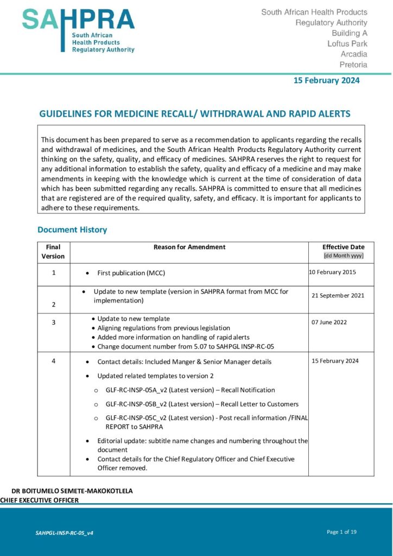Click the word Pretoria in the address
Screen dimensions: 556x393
[x=353, y=65]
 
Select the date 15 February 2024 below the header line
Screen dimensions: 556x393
[x=326, y=80]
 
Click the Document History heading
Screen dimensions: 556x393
[x=72, y=230]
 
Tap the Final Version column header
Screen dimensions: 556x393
[x=53, y=251]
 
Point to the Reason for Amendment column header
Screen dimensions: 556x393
[x=189, y=247]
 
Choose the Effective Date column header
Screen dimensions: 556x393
[x=343, y=247]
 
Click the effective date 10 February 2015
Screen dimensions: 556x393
[x=332, y=272]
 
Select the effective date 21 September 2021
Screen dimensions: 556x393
[x=338, y=295]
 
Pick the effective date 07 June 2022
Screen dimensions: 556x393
[x=329, y=322]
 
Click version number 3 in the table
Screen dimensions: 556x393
[x=53, y=323]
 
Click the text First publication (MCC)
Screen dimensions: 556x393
[x=131, y=273]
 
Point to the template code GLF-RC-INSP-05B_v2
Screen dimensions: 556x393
[x=137, y=404]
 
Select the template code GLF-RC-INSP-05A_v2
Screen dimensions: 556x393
[x=137, y=390]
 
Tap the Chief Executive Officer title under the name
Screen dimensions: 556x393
[x=40, y=500]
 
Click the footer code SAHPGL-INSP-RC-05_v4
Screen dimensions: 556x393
[x=64, y=533]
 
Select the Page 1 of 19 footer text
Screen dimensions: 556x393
[x=341, y=532]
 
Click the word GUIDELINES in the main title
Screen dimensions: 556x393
[x=66, y=114]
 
